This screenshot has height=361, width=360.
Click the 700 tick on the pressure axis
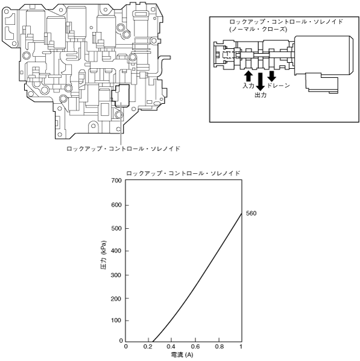pos(116,180)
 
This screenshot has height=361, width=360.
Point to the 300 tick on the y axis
pos(116,275)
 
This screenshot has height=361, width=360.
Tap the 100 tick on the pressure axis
pos(116,321)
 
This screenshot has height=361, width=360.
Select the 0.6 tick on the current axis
pos(195,347)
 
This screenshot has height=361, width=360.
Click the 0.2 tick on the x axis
pos(148,347)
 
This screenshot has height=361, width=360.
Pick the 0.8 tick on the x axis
pos(219,347)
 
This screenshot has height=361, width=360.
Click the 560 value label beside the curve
pos(251,214)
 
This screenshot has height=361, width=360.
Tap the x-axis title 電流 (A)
pos(182,355)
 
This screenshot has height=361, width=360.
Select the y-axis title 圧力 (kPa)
pos(104,255)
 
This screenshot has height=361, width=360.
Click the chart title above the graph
pos(183,173)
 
